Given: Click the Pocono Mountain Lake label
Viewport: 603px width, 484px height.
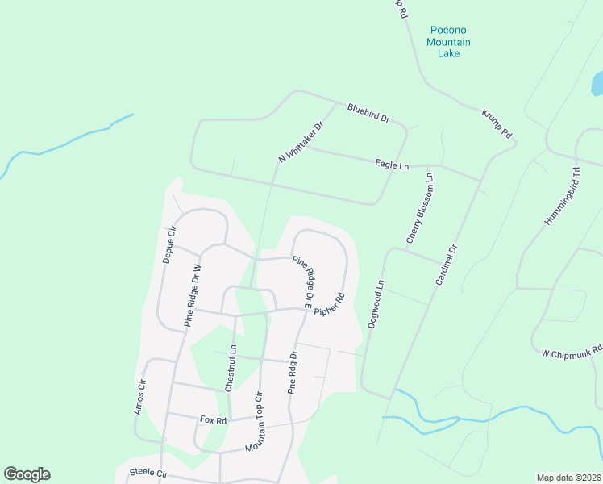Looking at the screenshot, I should pyautogui.click(x=448, y=42).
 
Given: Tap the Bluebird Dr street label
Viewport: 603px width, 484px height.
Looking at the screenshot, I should pyautogui.click(x=368, y=113).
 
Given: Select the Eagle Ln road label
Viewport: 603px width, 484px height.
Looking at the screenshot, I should pyautogui.click(x=393, y=165).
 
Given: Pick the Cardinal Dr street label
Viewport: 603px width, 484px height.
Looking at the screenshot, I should pyautogui.click(x=446, y=265).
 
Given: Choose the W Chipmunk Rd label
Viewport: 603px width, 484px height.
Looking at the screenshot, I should pyautogui.click(x=572, y=352).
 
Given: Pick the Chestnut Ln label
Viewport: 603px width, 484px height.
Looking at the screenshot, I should pyautogui.click(x=231, y=369).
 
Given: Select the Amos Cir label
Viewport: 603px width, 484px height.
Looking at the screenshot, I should pyautogui.click(x=140, y=397).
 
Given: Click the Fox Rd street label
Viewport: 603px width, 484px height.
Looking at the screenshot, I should pyautogui.click(x=214, y=420).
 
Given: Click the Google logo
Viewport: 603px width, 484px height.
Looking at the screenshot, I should pyautogui.click(x=27, y=474).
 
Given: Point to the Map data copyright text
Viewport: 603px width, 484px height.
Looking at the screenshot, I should pyautogui.click(x=568, y=478).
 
